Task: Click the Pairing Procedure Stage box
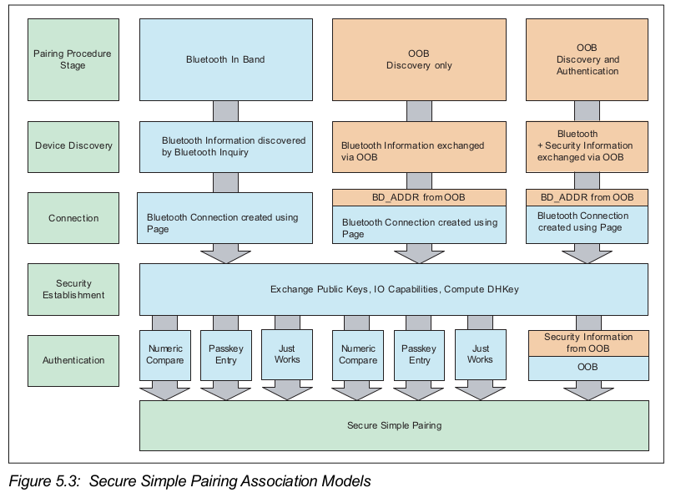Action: tap(72, 59)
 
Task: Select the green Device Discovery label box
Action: tap(73, 145)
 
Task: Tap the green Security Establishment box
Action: tap(73, 289)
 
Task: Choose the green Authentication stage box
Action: tap(73, 360)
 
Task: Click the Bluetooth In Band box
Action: tap(224, 59)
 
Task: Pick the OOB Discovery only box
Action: tap(419, 59)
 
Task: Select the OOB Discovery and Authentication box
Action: tap(587, 59)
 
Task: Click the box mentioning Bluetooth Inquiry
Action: tap(224, 145)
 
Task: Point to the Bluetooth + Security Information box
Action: tap(587, 145)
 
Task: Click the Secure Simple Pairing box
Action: tap(394, 425)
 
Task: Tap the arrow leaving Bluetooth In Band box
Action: tap(224, 111)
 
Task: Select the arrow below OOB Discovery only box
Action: tap(419, 111)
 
